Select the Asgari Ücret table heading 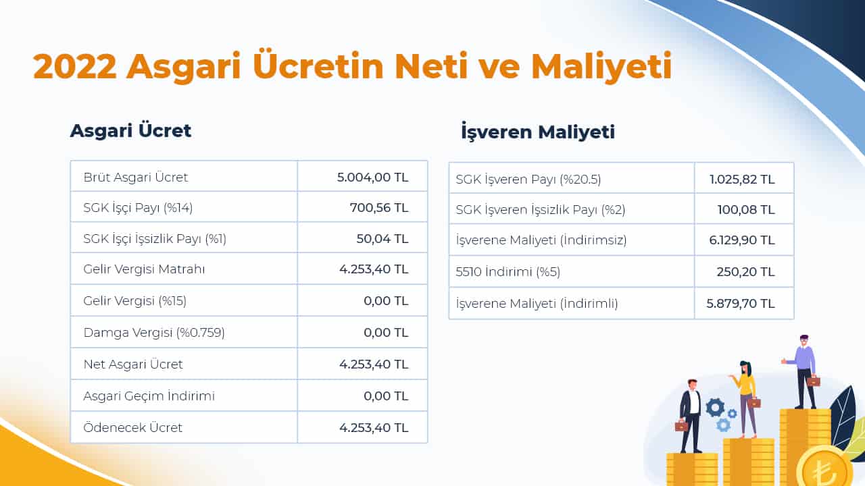[x=130, y=130]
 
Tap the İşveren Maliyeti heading [x=537, y=132]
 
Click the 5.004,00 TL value [x=372, y=177]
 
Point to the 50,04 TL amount [x=382, y=238]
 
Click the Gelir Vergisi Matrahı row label [x=144, y=269]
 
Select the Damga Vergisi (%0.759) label [x=154, y=333]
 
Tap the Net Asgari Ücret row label [x=133, y=364]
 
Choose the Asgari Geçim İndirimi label [x=149, y=396]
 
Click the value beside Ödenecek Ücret [x=374, y=427]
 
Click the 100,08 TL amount [x=745, y=210]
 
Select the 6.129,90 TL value [x=741, y=240]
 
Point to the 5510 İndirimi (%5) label [x=508, y=272]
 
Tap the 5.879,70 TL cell [x=741, y=304]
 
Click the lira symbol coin [x=824, y=467]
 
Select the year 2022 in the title [x=74, y=67]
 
